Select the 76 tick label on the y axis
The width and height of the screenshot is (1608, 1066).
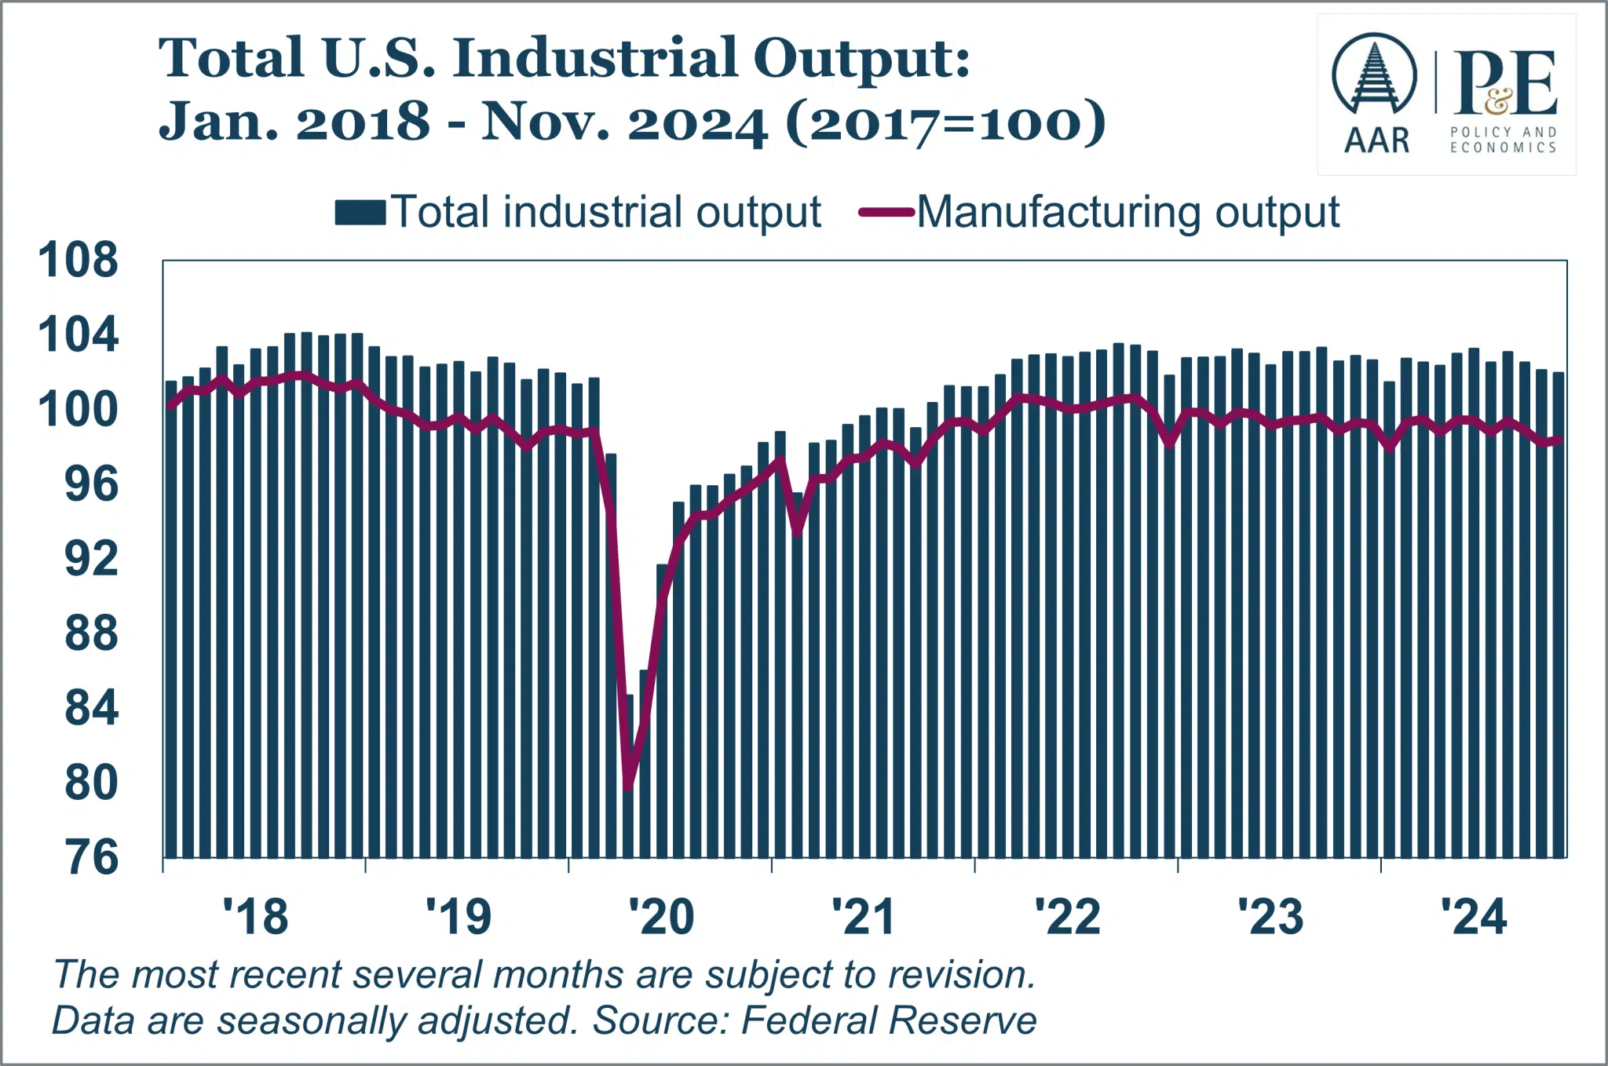pyautogui.click(x=91, y=857)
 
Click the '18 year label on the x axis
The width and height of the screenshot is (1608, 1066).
pyautogui.click(x=256, y=916)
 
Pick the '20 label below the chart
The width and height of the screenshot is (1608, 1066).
pyautogui.click(x=662, y=916)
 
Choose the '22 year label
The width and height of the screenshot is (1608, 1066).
pyautogui.click(x=1068, y=916)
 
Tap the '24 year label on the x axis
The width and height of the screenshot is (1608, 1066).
pyautogui.click(x=1474, y=916)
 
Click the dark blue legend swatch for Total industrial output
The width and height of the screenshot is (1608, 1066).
pyautogui.click(x=360, y=213)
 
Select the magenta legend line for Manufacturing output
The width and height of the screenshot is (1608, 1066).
pyautogui.click(x=887, y=212)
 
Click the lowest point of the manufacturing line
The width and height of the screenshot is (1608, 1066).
pyautogui.click(x=628, y=787)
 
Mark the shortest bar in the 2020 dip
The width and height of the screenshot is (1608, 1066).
pyautogui.click(x=628, y=776)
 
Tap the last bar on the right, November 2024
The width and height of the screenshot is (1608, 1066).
pyautogui.click(x=1559, y=615)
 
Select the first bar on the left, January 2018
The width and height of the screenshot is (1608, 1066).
pyautogui.click(x=171, y=619)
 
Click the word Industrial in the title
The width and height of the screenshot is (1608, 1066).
pyautogui.click(x=596, y=58)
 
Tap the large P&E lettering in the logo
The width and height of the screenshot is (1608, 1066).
pyautogui.click(x=1505, y=82)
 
